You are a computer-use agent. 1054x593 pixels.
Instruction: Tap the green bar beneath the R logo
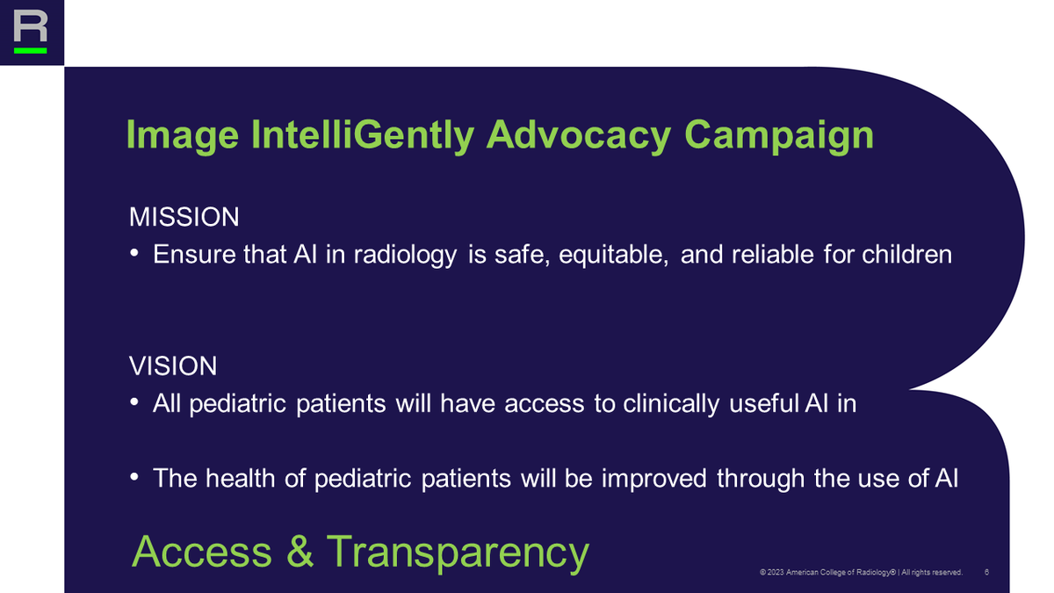point(31,50)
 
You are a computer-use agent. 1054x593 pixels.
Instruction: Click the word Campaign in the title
point(778,135)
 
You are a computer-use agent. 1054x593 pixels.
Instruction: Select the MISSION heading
point(184,216)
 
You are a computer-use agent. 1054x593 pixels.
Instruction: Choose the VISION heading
point(173,365)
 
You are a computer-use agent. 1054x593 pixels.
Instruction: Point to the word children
point(906,255)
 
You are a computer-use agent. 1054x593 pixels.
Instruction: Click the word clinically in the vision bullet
point(674,404)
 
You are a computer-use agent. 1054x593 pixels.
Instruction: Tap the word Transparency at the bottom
point(457,553)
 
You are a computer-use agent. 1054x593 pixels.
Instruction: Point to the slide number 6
point(988,572)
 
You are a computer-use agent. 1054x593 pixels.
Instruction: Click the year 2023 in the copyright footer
point(776,573)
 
